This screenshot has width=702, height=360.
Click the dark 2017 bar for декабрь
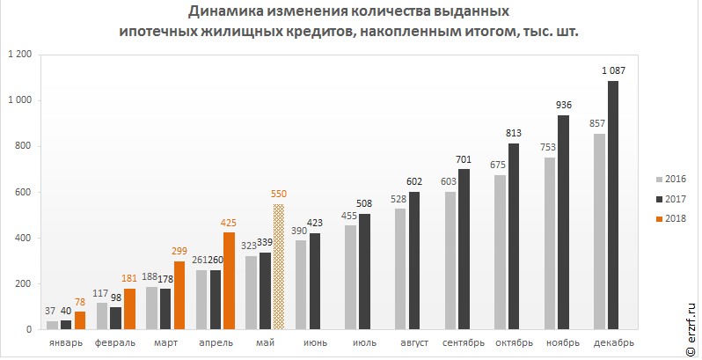pyautogui.click(x=613, y=205)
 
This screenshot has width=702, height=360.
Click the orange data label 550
pyautogui.click(x=279, y=194)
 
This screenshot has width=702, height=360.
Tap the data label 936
pyautogui.click(x=564, y=105)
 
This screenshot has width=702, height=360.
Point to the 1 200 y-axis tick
pyautogui.click(x=19, y=55)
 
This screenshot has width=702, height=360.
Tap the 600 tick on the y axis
pyautogui.click(x=23, y=192)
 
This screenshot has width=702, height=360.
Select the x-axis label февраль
pyautogui.click(x=114, y=342)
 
